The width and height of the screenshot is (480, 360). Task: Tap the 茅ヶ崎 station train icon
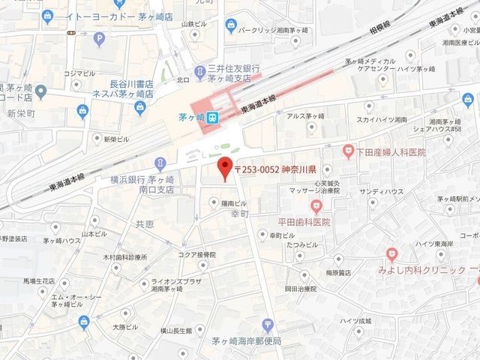point(212,117)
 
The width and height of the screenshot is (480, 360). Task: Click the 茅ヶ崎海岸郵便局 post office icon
point(268,325)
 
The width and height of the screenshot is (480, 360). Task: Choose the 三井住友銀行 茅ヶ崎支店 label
point(229,72)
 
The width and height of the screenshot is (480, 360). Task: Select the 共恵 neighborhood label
point(145,224)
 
